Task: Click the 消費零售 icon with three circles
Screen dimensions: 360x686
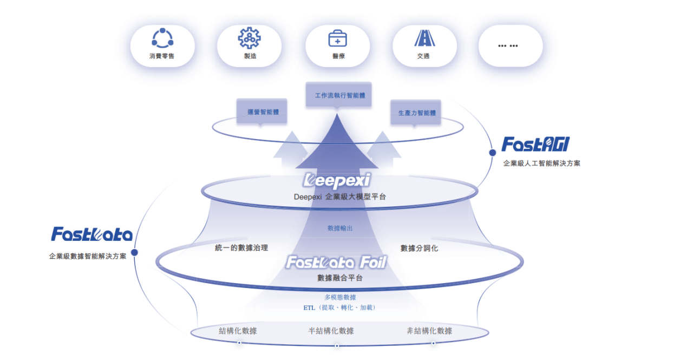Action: [x=162, y=38]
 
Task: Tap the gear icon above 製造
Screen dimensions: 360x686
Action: [x=249, y=38]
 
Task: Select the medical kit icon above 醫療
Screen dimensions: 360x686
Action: [x=337, y=38]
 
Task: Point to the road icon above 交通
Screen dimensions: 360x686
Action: [x=423, y=38]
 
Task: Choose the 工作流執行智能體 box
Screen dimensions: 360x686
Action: [x=339, y=96]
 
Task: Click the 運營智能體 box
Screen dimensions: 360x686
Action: [x=262, y=112]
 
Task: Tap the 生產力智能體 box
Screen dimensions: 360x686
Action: [x=416, y=113]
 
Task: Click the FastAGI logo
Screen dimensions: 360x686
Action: [x=535, y=145]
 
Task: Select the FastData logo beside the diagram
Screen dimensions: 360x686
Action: [x=92, y=234]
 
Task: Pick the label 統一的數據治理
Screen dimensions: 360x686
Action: [x=241, y=248]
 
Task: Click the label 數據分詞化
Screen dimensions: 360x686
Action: [x=419, y=248]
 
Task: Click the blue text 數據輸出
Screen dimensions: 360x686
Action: [x=340, y=228]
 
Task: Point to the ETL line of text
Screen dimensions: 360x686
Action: [x=339, y=307]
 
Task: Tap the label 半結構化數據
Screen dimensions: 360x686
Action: [x=331, y=331]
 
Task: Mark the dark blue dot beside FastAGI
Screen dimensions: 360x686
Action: [x=492, y=153]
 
